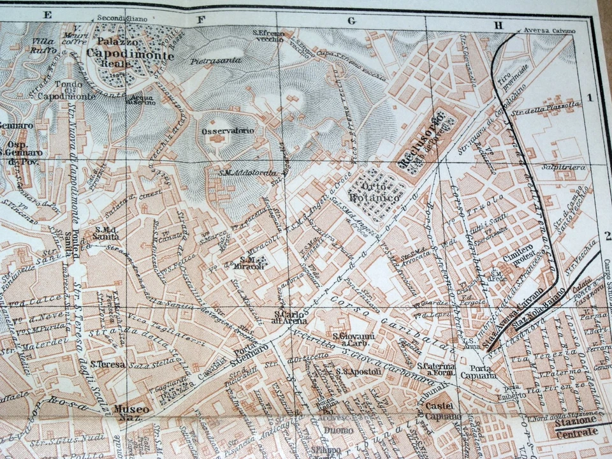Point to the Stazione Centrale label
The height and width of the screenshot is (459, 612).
(576, 426)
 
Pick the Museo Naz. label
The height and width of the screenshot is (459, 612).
(133, 412)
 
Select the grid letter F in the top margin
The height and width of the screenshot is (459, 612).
(201, 19)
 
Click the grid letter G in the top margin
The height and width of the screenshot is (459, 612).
(351, 20)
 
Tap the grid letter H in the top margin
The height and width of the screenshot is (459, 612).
(499, 25)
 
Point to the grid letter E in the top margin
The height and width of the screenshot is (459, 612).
(47, 13)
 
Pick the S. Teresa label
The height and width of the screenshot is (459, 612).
(103, 365)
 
